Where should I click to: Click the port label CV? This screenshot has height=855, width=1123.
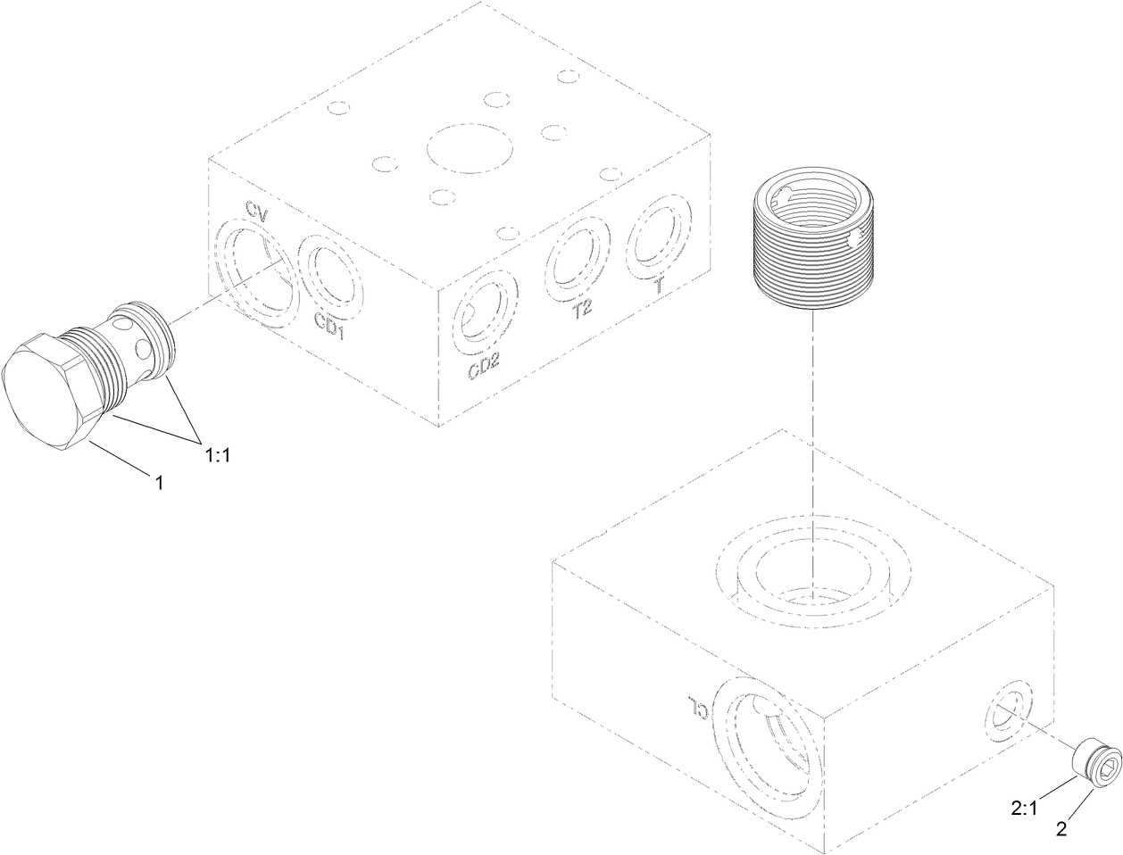point(256,211)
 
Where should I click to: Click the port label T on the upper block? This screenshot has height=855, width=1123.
point(660,285)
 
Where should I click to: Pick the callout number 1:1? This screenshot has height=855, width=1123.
point(218,455)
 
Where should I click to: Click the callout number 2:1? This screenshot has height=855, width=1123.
point(1024,809)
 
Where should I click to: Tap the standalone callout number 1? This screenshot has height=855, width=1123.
point(159,482)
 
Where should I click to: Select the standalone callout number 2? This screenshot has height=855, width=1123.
point(1061,829)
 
